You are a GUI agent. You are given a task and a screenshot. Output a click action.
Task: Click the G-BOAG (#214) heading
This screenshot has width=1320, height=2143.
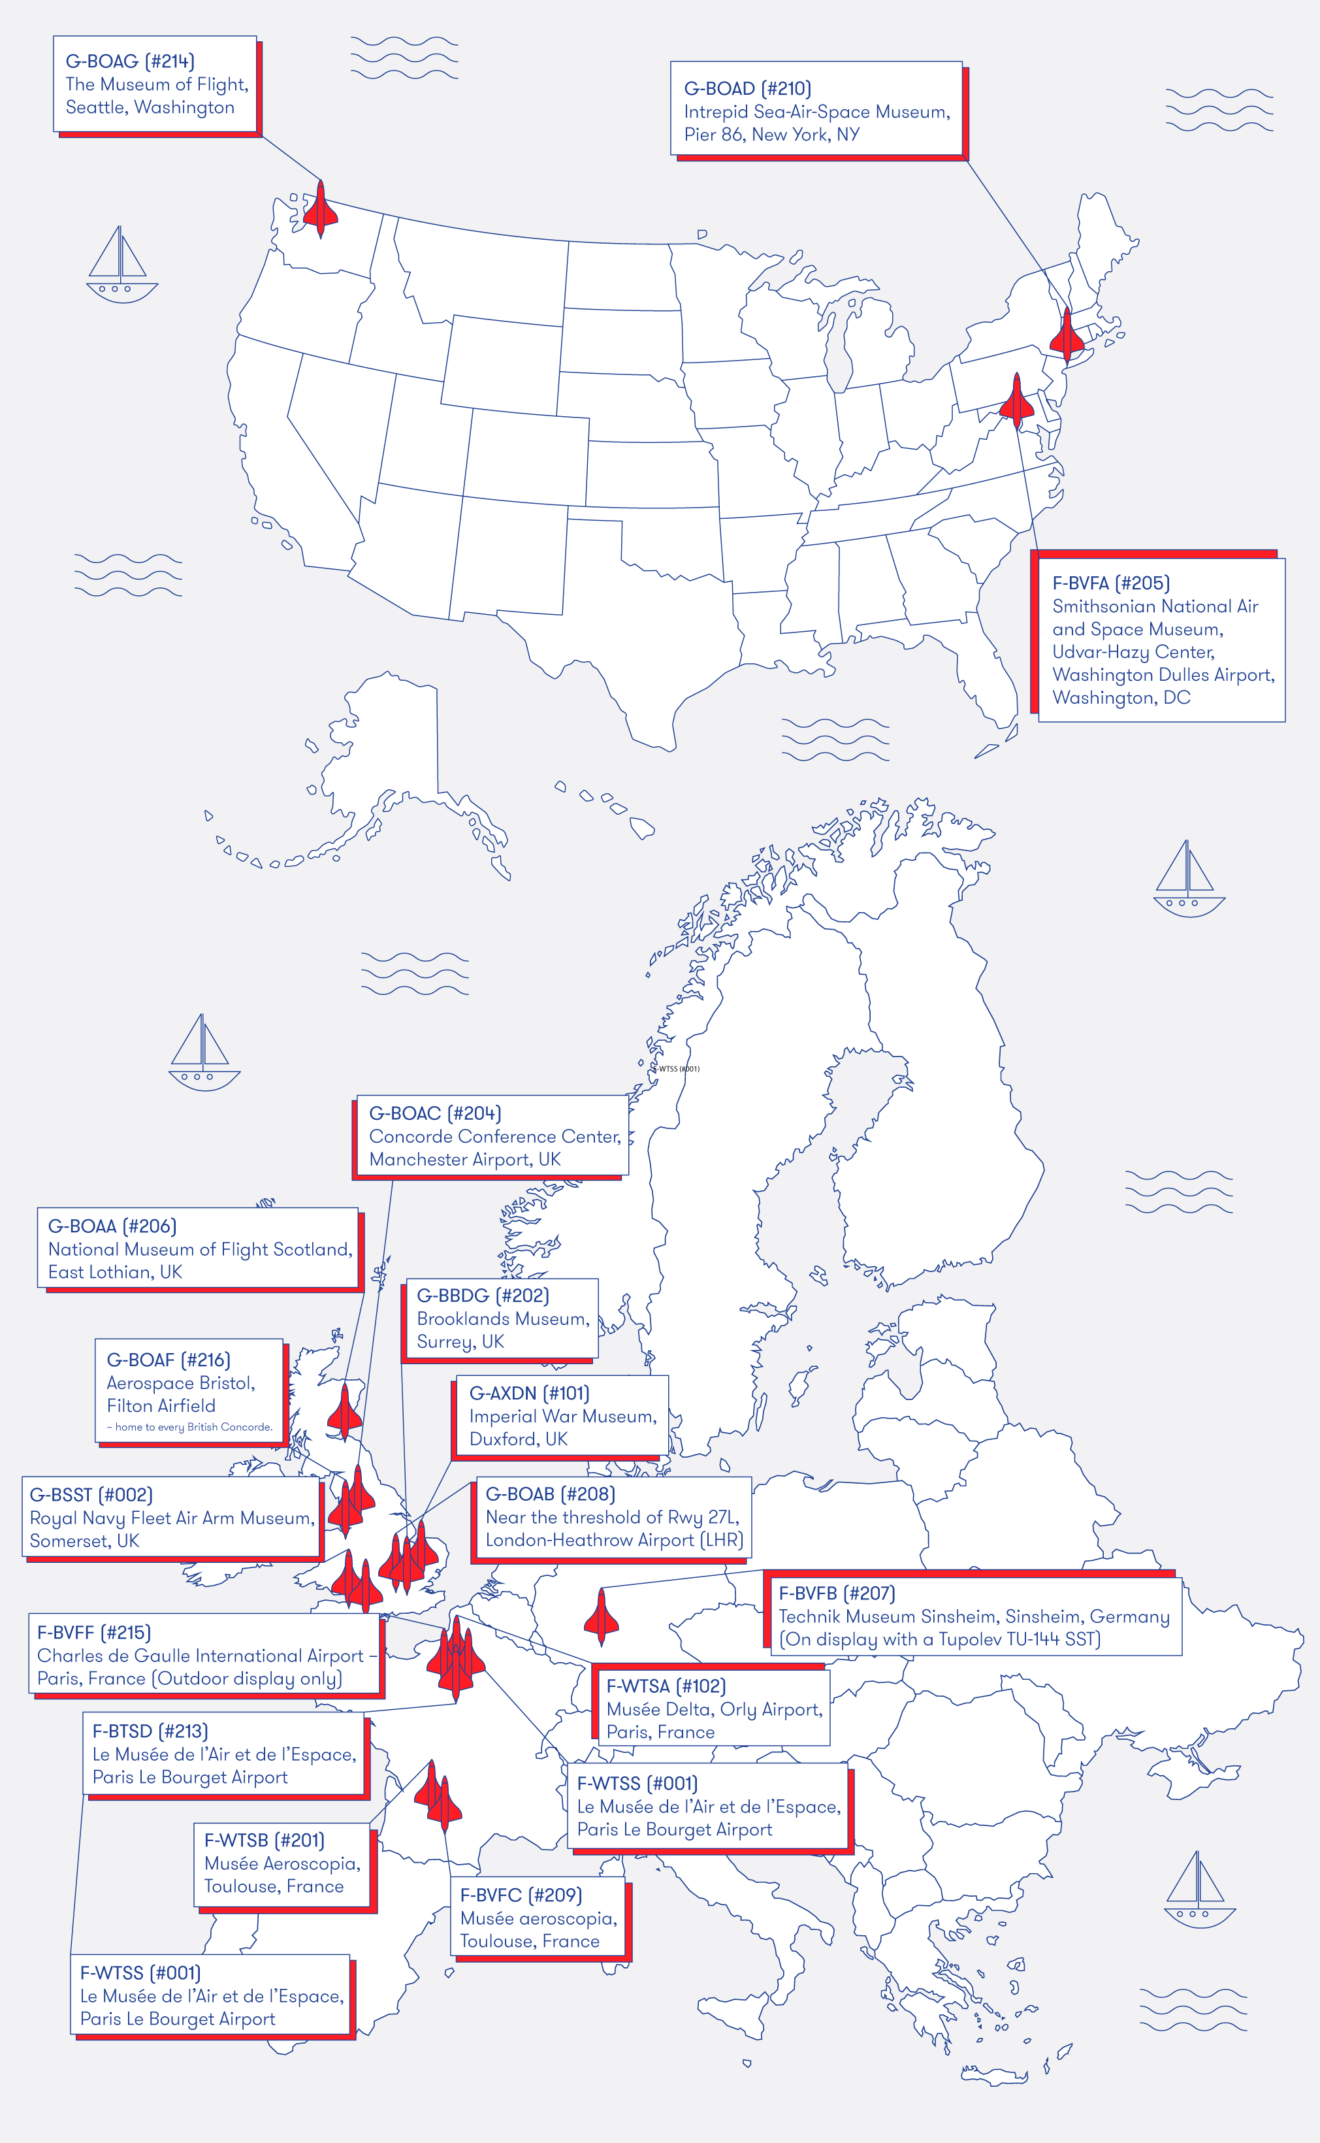tap(130, 61)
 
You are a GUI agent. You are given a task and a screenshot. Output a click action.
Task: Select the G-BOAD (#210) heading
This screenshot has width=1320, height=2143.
tap(747, 88)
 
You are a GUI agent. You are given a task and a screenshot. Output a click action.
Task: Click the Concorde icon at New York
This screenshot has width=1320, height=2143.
tap(1067, 334)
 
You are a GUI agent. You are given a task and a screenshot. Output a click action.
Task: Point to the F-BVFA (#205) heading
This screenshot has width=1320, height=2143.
tap(1110, 583)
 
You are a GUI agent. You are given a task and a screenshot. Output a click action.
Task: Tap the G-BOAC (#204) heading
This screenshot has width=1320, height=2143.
tap(435, 1113)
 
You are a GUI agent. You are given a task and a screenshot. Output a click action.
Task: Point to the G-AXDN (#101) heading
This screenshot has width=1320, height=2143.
tap(529, 1393)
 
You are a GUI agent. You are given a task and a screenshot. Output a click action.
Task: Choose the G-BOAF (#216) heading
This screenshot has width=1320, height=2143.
tap(169, 1360)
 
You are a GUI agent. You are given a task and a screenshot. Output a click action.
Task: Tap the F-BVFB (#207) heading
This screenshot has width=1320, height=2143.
tap(837, 1594)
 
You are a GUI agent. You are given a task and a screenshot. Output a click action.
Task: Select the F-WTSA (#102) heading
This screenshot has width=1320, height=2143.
tap(666, 1686)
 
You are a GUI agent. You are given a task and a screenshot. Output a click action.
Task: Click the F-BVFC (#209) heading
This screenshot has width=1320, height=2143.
tap(521, 1895)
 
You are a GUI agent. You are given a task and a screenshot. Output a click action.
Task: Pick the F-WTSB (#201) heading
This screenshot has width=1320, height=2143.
tap(264, 1840)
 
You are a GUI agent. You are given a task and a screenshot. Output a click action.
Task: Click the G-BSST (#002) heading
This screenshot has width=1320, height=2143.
tap(91, 1495)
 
